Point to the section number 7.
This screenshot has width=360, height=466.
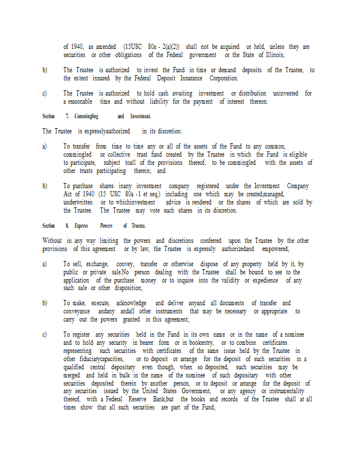[68, 116]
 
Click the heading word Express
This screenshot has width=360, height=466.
[81, 225]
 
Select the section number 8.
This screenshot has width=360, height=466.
[68, 225]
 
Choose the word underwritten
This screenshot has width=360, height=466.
[78, 202]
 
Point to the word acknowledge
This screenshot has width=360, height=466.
[131, 303]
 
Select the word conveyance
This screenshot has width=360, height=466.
[77, 312]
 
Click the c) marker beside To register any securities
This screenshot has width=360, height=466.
[45, 335]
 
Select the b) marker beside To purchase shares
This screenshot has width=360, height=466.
[45, 186]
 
